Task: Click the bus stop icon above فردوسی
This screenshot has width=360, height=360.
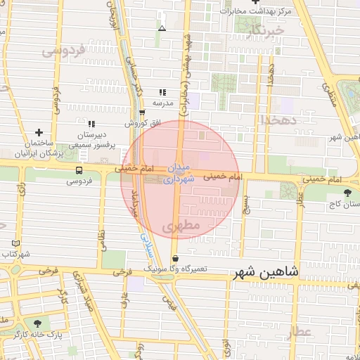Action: [x=78, y=169]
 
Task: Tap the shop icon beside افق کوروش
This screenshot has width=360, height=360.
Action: [x=142, y=112]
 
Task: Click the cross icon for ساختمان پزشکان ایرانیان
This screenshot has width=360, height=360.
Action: [x=39, y=131]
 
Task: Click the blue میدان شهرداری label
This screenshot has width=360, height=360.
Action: [x=176, y=173]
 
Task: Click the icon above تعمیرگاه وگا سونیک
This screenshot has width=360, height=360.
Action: [x=175, y=258]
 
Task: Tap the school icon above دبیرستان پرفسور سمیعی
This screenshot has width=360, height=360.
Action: [x=91, y=124]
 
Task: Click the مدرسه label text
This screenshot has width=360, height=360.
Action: [x=163, y=103]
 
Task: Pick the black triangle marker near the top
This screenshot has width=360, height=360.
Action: [x=162, y=29]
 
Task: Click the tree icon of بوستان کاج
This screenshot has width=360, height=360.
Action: [x=347, y=193]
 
